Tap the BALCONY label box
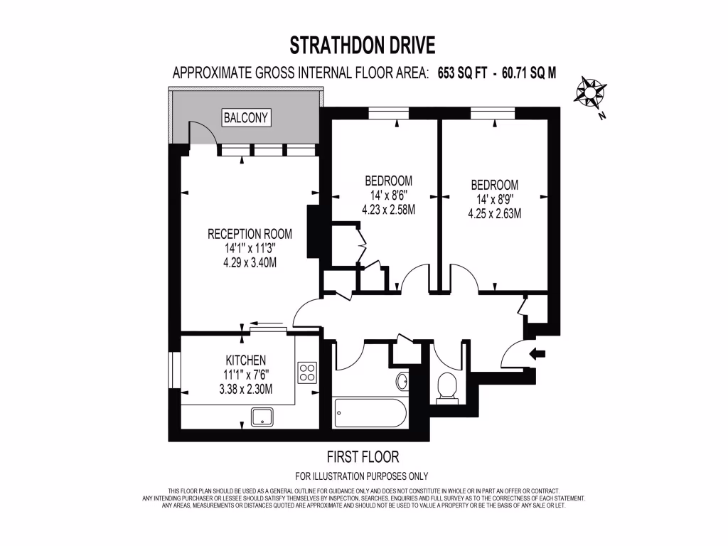pos(247,117)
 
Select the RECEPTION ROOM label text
pos(250,234)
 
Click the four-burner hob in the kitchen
pos(307,373)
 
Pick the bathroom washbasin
pos(402,380)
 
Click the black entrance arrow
pos(537,352)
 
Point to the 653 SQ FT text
pos(464,73)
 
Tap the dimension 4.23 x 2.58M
pos(388,210)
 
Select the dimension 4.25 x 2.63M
pos(494,213)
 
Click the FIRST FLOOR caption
pos(363,456)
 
